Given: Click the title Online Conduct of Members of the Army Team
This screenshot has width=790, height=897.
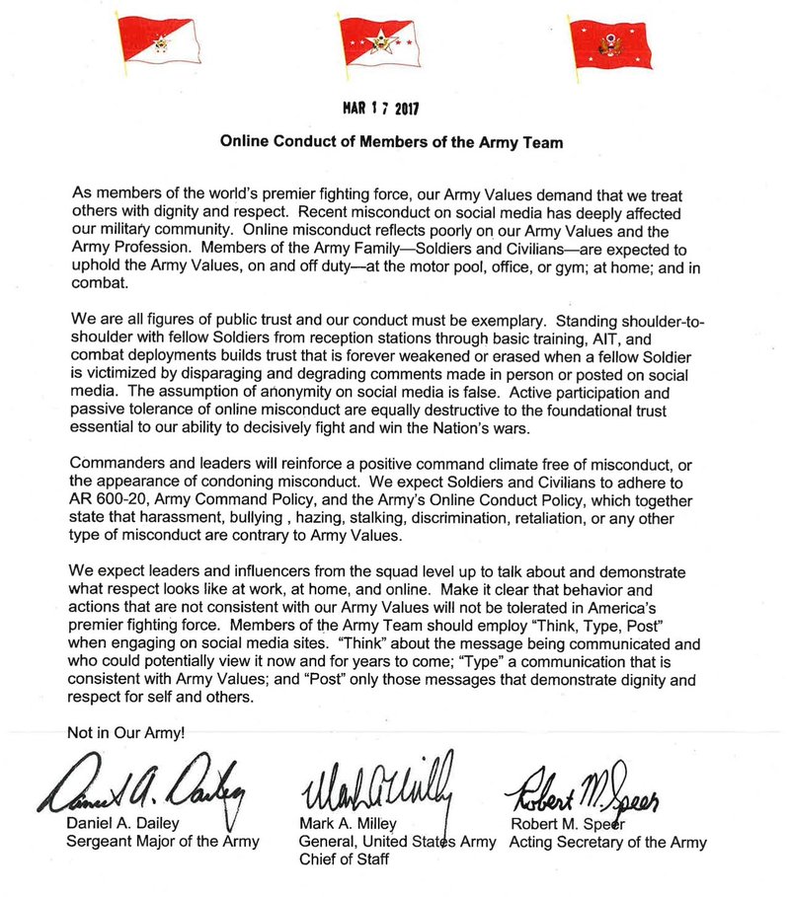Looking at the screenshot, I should pos(391,141).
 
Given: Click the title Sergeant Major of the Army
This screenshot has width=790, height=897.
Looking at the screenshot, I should pos(163,842).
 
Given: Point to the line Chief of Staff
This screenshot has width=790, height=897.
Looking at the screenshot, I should pos(345,860).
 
